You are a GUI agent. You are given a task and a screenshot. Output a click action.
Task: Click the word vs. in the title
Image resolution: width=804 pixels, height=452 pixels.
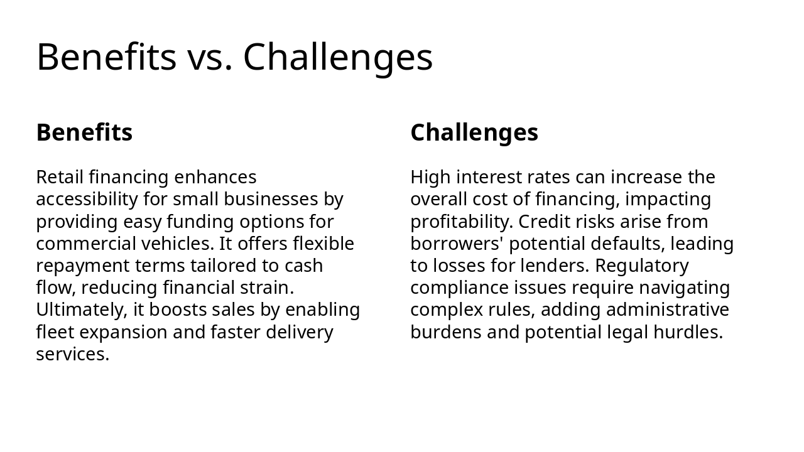[x=210, y=58]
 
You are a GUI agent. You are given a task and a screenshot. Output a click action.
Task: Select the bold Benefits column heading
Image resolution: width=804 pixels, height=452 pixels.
[x=84, y=132]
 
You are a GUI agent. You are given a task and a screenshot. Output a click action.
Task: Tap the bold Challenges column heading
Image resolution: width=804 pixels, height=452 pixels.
[x=474, y=132]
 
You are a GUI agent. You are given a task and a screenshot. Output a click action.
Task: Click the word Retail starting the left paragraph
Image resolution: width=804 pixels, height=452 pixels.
[x=60, y=177]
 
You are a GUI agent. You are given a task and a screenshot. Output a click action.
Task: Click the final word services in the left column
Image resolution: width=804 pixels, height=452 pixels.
[x=72, y=354]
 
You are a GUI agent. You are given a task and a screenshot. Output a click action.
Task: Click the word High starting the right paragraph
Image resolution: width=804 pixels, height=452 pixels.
[x=430, y=177]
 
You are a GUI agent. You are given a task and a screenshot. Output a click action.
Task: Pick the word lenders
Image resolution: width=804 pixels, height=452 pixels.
[x=555, y=266]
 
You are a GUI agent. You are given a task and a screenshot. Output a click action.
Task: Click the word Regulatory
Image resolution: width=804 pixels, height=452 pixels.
[x=642, y=266]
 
